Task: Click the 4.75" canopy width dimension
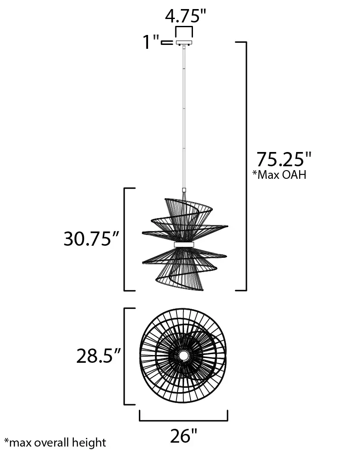pyautogui.click(x=186, y=16)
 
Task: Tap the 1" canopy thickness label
pyautogui.click(x=151, y=42)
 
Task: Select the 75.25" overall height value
pyautogui.click(x=284, y=159)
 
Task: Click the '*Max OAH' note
pyautogui.click(x=279, y=174)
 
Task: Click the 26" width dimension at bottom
pyautogui.click(x=183, y=436)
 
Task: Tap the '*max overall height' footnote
pyautogui.click(x=55, y=442)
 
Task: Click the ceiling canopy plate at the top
pyautogui.click(x=184, y=43)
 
